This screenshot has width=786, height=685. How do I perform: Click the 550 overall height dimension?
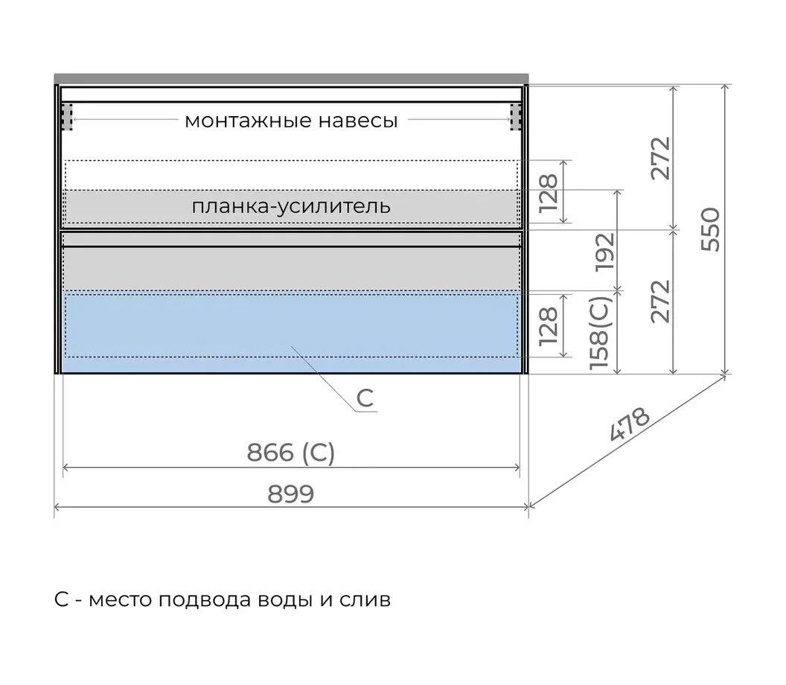[710, 229]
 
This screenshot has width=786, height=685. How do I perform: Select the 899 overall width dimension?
[291, 494]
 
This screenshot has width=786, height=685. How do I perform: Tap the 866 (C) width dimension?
[291, 452]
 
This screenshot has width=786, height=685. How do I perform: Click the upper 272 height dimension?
[661, 158]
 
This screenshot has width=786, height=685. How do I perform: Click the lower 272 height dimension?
[661, 302]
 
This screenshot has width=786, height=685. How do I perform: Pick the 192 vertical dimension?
[604, 252]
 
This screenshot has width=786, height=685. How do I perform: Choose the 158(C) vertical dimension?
[600, 333]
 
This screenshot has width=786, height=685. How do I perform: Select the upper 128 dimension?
[549, 193]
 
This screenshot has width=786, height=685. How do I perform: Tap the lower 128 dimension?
[549, 326]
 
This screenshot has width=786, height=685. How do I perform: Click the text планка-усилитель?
[291, 206]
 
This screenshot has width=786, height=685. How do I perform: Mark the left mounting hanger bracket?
[67, 118]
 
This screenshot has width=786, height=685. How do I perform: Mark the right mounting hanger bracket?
[516, 118]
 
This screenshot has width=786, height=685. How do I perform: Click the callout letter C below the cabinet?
[365, 398]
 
